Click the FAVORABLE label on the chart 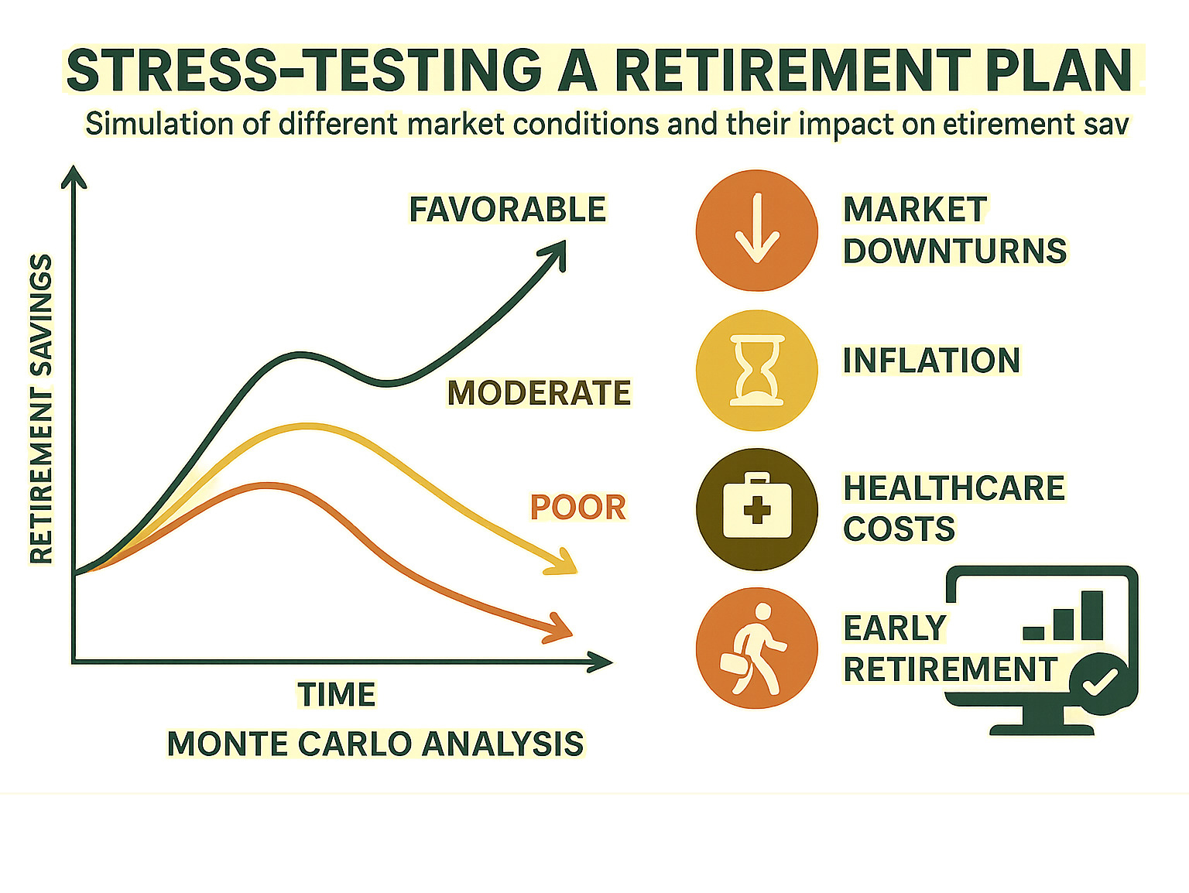click(507, 210)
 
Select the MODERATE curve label click(539, 393)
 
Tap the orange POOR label click(577, 508)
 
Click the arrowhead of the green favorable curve click(555, 253)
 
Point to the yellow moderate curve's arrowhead click(564, 563)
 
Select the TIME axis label click(336, 694)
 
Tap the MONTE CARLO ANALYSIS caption click(375, 744)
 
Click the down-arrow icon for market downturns click(756, 231)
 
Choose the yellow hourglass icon click(756, 370)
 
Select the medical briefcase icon click(756, 509)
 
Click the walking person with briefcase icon click(756, 648)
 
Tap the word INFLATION click(931, 361)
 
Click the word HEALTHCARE click(954, 488)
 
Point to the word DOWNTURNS click(954, 251)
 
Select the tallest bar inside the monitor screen click(1092, 616)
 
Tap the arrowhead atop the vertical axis click(74, 176)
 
